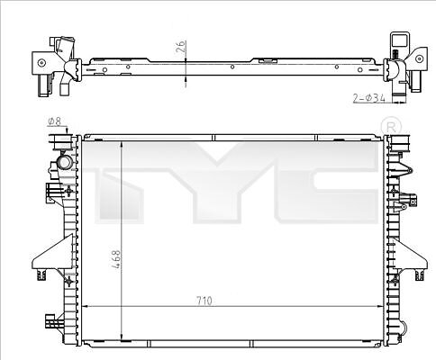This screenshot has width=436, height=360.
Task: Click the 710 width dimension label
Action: click(x=204, y=301)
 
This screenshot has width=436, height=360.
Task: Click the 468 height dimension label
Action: click(x=116, y=259)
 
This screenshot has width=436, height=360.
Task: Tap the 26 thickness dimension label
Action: click(x=180, y=47)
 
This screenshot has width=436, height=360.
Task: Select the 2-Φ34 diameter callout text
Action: click(x=368, y=98)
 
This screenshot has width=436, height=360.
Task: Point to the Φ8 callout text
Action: click(x=54, y=121)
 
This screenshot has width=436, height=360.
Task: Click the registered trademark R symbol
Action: click(x=391, y=127)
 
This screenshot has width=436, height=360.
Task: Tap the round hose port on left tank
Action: click(x=65, y=162)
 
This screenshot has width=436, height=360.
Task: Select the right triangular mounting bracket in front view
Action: click(x=410, y=257)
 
